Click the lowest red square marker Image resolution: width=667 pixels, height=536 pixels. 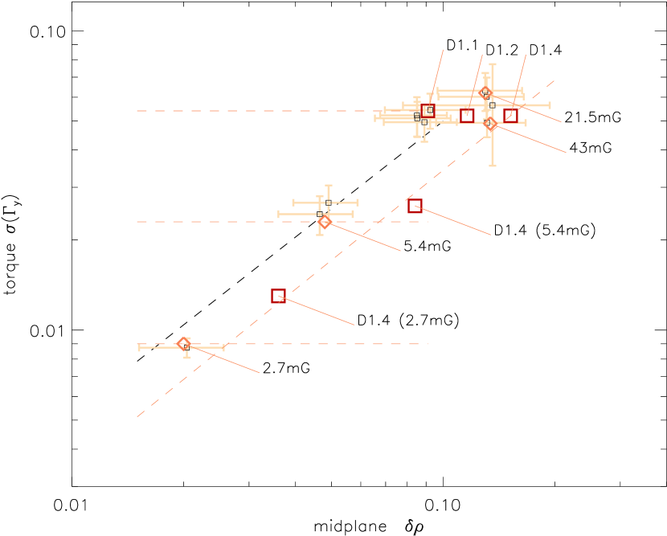coord(278,296)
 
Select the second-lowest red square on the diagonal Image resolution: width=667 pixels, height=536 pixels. coord(415,206)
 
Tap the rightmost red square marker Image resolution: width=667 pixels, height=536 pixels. coord(510,116)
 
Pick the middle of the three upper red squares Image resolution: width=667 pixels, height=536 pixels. coord(467,116)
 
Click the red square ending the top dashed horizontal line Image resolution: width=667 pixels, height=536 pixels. coord(428,111)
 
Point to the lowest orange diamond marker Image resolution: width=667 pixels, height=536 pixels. coord(184,344)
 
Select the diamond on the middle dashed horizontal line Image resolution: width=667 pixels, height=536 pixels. coord(325,222)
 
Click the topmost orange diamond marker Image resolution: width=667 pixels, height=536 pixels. coord(485,92)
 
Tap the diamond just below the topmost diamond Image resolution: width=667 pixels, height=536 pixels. coord(490,124)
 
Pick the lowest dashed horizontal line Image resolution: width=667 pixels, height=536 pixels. coord(321,344)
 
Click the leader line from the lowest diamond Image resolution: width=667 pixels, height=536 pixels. coord(225,359)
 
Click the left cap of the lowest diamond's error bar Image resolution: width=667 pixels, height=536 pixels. coord(139,347)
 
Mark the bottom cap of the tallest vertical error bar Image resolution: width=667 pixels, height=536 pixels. coord(493,166)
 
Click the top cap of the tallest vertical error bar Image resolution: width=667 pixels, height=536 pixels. coord(493,64)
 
